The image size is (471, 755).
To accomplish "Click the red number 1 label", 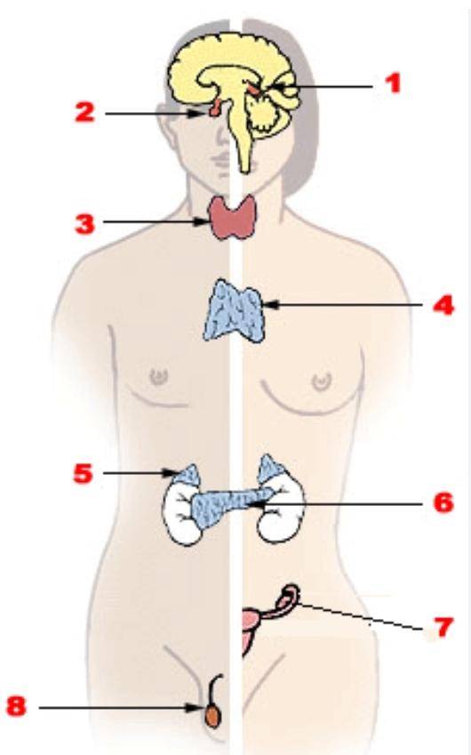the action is [394, 84].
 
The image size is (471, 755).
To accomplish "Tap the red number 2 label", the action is [85, 113].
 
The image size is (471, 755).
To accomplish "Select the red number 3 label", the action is [85, 224].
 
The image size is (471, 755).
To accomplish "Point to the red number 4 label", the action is [443, 305].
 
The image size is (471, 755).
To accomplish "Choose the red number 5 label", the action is [84, 473].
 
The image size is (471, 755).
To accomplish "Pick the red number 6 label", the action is [443, 502].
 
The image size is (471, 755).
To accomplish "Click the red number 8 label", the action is [16, 707].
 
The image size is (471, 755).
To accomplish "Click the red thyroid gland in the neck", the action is [232, 218].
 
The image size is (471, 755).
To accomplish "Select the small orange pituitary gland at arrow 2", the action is [214, 108].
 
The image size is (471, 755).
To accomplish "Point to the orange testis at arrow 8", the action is [212, 717].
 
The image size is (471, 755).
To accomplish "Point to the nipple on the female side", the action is [322, 382].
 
